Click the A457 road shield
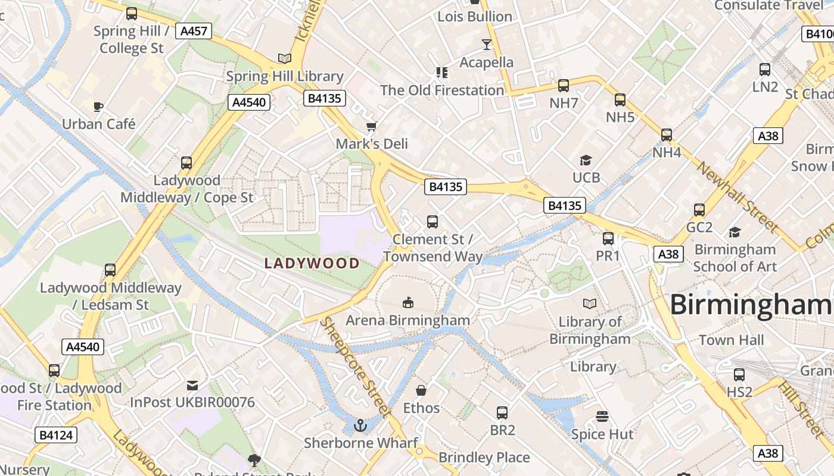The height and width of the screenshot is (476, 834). [194, 31]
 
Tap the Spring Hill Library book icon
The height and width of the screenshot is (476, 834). [285, 58]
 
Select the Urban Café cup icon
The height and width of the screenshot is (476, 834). [98, 107]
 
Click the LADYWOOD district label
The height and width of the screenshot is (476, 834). [312, 263]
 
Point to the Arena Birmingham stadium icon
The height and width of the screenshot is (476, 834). [407, 303]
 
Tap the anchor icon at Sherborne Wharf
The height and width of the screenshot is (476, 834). [360, 425]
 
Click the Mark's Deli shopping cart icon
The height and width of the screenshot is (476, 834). [372, 126]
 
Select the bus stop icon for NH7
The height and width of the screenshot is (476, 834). [564, 86]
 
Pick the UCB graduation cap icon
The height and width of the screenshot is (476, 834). [586, 160]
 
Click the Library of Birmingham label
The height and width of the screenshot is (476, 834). [590, 330]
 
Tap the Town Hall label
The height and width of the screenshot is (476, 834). [731, 340]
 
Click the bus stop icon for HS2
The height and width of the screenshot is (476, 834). [739, 375]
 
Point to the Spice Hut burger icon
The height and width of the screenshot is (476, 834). [602, 416]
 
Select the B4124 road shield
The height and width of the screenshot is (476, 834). [55, 435]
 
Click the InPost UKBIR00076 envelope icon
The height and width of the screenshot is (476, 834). [192, 385]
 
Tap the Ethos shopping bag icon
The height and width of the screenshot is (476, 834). [421, 390]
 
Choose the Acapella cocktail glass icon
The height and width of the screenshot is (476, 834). [487, 45]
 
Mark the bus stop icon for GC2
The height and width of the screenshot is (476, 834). [699, 210]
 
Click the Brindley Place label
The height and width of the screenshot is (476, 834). [484, 458]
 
